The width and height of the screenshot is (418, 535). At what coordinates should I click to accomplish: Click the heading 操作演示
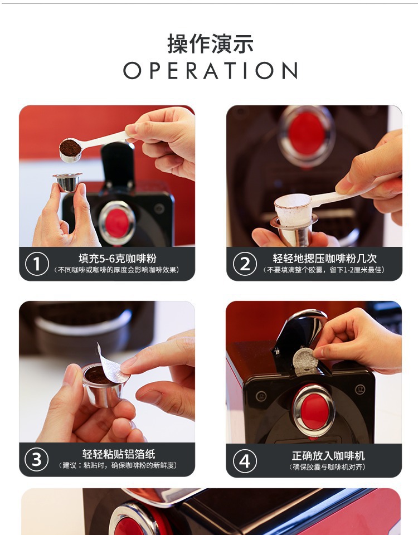[210, 43]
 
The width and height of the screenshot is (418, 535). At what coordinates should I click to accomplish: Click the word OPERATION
[211, 71]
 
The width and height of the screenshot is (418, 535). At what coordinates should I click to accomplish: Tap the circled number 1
[37, 264]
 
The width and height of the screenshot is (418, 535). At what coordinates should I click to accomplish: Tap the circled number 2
[245, 264]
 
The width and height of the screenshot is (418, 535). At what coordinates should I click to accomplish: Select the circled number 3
[37, 459]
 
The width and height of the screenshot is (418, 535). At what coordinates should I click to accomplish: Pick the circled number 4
[245, 461]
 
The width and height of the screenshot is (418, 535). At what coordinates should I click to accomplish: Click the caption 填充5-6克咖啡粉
[118, 258]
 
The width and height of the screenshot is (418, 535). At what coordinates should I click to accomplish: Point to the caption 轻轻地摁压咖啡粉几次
[324, 258]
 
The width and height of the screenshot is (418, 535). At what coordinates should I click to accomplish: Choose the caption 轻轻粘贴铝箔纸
[119, 454]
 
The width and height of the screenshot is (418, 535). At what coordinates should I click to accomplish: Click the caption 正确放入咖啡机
[328, 455]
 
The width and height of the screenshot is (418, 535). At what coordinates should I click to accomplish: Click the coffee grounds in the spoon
[70, 148]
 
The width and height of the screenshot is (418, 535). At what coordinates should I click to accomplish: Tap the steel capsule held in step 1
[67, 182]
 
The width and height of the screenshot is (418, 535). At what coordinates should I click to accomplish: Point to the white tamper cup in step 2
[293, 210]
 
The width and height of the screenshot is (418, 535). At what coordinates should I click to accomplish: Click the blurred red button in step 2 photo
[307, 134]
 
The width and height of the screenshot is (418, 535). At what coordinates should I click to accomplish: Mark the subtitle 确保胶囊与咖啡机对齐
[328, 467]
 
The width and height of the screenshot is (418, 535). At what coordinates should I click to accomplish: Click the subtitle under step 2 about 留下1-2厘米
[324, 270]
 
